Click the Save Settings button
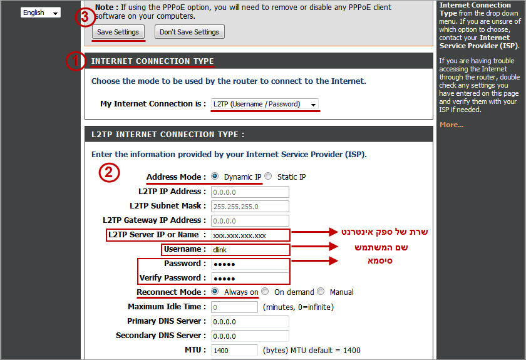[118, 32]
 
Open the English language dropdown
[41, 13]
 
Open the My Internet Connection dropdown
[264, 104]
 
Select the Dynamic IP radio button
[215, 176]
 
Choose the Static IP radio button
[268, 176]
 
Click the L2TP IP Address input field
[250, 192]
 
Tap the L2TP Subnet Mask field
[250, 207]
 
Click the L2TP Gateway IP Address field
[250, 221]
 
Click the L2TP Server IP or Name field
[250, 235]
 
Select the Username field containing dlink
[250, 250]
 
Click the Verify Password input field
[250, 278]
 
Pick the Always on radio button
[215, 291]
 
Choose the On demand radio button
[265, 291]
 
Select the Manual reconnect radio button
[321, 291]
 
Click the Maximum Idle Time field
[234, 307]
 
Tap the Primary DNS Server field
[250, 321]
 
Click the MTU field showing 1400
[234, 350]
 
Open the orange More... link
[451, 125]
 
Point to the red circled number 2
[109, 172]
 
